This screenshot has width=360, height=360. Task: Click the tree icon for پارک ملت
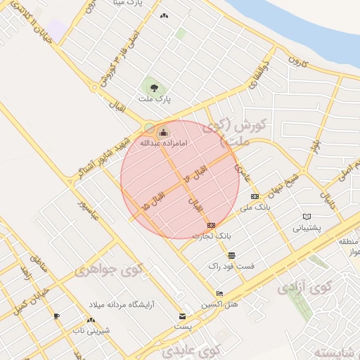point(154,88)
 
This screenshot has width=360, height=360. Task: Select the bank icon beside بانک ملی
point(255,197)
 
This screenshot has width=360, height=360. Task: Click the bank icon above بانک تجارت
point(212,225)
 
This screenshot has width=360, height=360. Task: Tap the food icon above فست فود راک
point(231,255)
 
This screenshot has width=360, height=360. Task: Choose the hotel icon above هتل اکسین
point(220,294)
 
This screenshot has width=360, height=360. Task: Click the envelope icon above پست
point(183,316)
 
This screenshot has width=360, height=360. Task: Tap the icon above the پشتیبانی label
point(307,217)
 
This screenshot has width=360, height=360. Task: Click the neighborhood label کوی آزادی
point(303,288)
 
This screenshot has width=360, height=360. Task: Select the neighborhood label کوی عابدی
point(191,349)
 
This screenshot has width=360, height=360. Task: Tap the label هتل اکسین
point(220,304)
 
